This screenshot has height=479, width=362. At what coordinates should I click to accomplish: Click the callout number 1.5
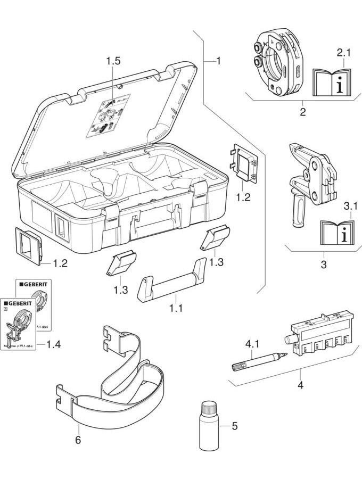point(113,61)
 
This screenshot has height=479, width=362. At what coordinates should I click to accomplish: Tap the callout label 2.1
point(344,53)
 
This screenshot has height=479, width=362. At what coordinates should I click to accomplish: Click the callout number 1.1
point(175,308)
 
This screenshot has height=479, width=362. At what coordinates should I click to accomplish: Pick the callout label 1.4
point(53,344)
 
